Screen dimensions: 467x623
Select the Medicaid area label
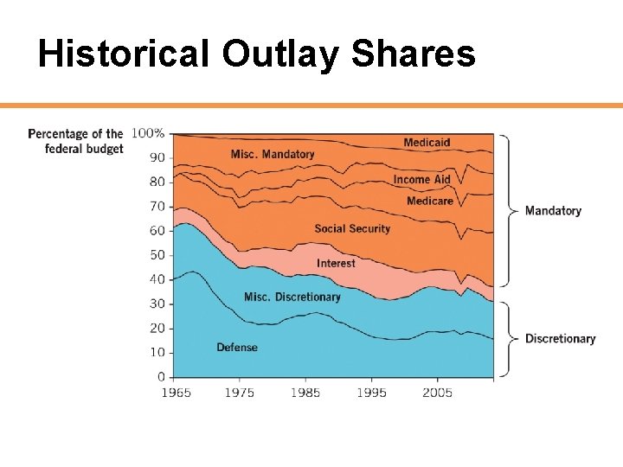(x=427, y=143)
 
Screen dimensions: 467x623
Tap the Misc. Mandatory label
(x=273, y=155)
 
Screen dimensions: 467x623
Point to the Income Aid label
(x=422, y=180)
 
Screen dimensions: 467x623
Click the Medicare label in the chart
(x=430, y=202)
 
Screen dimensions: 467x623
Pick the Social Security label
(x=352, y=229)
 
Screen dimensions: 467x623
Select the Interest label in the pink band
(x=336, y=263)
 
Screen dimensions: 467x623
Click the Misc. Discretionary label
(x=292, y=297)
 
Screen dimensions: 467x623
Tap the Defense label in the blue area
(x=236, y=348)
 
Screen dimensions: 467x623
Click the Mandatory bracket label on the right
(x=553, y=211)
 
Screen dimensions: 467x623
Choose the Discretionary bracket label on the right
(x=560, y=339)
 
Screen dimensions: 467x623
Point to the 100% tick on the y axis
(x=148, y=133)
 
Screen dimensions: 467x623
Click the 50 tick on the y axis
(x=157, y=255)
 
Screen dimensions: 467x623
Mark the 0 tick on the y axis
(x=161, y=377)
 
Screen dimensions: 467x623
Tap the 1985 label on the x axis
(x=305, y=393)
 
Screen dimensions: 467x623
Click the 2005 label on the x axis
(x=437, y=393)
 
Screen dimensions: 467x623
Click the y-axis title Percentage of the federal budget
(x=76, y=141)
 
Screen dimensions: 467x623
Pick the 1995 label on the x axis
(x=371, y=393)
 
